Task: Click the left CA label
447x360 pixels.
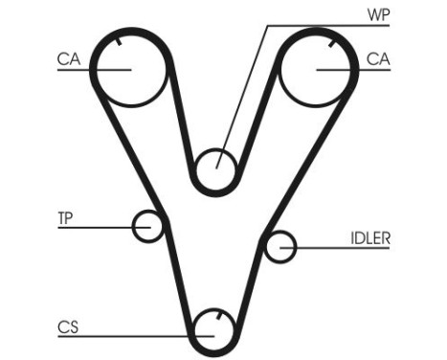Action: click(x=67, y=59)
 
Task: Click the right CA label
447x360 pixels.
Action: click(x=378, y=59)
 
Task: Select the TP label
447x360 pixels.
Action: click(x=66, y=218)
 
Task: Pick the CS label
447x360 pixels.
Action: click(x=67, y=327)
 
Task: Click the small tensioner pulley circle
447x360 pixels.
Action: click(x=148, y=227)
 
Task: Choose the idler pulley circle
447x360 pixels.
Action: click(x=279, y=247)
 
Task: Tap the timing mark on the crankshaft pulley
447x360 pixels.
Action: click(x=219, y=317)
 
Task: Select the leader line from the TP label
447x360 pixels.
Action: click(x=101, y=228)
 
